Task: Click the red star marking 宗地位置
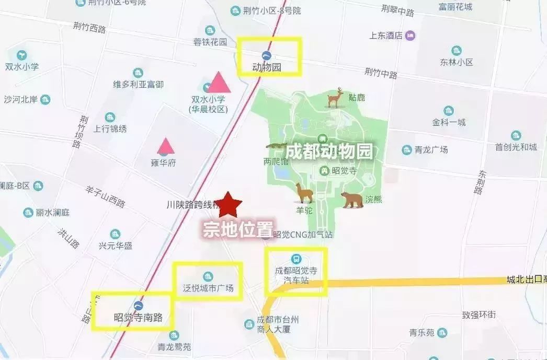[x=228, y=205]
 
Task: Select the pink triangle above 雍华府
[x=166, y=146]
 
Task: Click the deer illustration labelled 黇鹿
[x=335, y=98]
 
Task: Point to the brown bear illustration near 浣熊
[x=352, y=199]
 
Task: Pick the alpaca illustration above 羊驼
[x=304, y=193]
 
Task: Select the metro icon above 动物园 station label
[x=267, y=55]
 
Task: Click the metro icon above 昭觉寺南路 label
[x=139, y=305]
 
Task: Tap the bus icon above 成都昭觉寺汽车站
[x=296, y=259]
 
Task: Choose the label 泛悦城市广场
[x=208, y=288]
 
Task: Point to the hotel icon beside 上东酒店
[x=411, y=36]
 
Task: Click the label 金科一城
[x=449, y=122]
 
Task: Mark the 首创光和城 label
[x=516, y=147]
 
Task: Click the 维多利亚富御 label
[x=138, y=84]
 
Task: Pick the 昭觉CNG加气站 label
[x=303, y=235]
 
